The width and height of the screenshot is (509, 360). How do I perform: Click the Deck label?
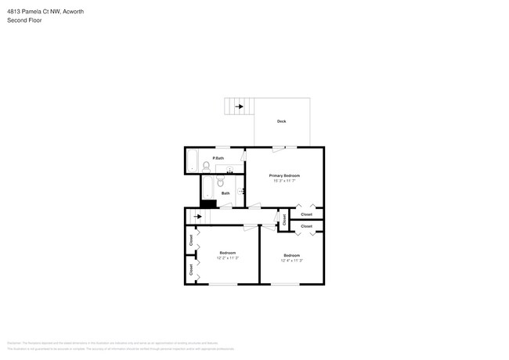[x=281, y=121]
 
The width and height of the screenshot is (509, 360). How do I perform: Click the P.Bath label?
[x=218, y=158]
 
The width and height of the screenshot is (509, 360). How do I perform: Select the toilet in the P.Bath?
[x=206, y=165]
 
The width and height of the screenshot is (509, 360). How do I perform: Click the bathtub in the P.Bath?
[x=192, y=160]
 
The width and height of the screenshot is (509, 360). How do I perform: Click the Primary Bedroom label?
[x=284, y=175]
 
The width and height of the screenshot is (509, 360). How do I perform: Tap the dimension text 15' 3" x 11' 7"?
[x=284, y=181]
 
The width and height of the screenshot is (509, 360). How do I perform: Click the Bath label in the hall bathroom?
[x=226, y=193]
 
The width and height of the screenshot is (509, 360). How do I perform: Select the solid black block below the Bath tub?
[x=208, y=203]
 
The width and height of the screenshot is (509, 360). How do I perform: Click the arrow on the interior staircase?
[x=197, y=217]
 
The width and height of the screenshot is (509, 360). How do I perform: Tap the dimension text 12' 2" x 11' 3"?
[x=227, y=257]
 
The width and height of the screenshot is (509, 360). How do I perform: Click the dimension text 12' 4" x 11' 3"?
[x=291, y=261]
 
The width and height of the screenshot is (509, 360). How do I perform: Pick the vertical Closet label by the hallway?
[x=284, y=220]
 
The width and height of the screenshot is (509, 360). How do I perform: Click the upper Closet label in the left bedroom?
[x=191, y=239]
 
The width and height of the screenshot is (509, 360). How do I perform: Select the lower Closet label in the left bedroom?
[x=191, y=268]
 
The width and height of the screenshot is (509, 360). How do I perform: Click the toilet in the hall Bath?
[x=221, y=183]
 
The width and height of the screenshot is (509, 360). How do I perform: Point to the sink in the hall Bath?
[x=240, y=190]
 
